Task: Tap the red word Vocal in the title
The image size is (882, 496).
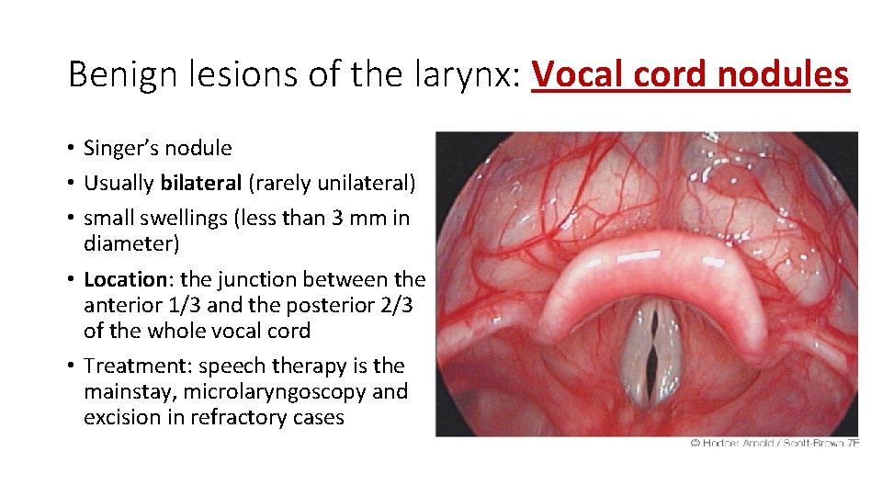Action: tap(576, 74)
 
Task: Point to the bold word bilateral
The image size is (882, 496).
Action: tap(201, 183)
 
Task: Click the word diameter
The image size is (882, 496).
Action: tap(130, 243)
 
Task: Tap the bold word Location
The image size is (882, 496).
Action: tap(121, 278)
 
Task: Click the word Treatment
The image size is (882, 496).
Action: tap(128, 366)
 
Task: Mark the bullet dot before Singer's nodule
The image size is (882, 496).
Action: tap(72, 149)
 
